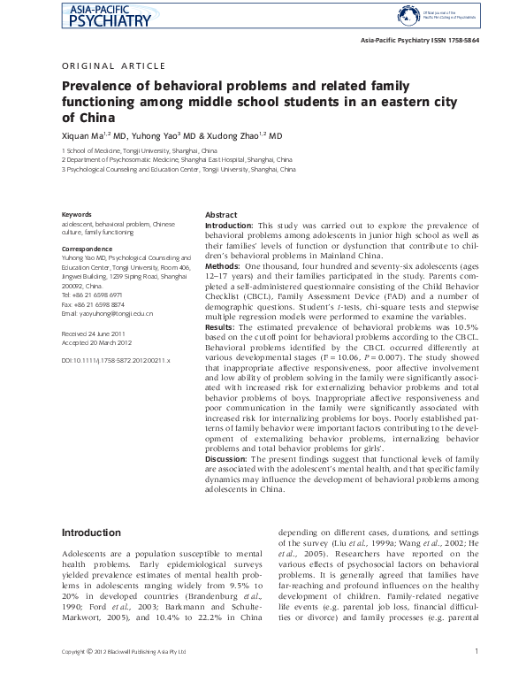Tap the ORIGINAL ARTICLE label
point(112,66)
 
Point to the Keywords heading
point(76,215)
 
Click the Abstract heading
point(221,215)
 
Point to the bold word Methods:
point(223,265)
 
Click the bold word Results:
point(221,326)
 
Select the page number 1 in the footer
point(476,677)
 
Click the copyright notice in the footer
point(123,678)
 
